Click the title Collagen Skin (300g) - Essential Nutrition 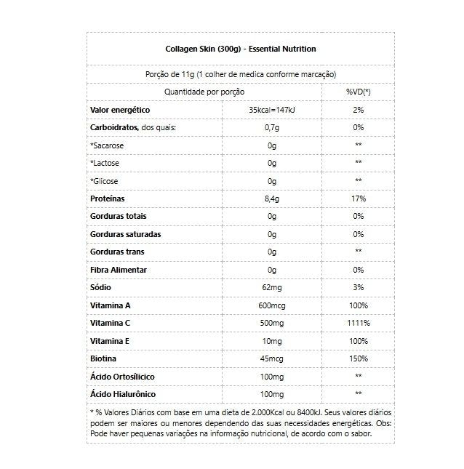pos(240,49)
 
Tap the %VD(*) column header pos(358,92)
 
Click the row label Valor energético pos(120,110)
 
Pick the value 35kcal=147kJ pos(271,110)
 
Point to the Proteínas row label pos(108,199)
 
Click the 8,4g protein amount pos(271,199)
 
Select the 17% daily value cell pos(358,199)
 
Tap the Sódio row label pos(100,287)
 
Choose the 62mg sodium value pos(271,287)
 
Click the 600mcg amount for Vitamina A pos(271,305)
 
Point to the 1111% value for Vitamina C pos(358,323)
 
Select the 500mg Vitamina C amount pos(271,323)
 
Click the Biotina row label pos(103,358)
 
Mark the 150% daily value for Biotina pos(358,358)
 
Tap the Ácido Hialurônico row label pos(123,394)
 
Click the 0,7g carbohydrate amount pos(271,127)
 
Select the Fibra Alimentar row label pos(119,270)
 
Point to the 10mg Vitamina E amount pos(271,341)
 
